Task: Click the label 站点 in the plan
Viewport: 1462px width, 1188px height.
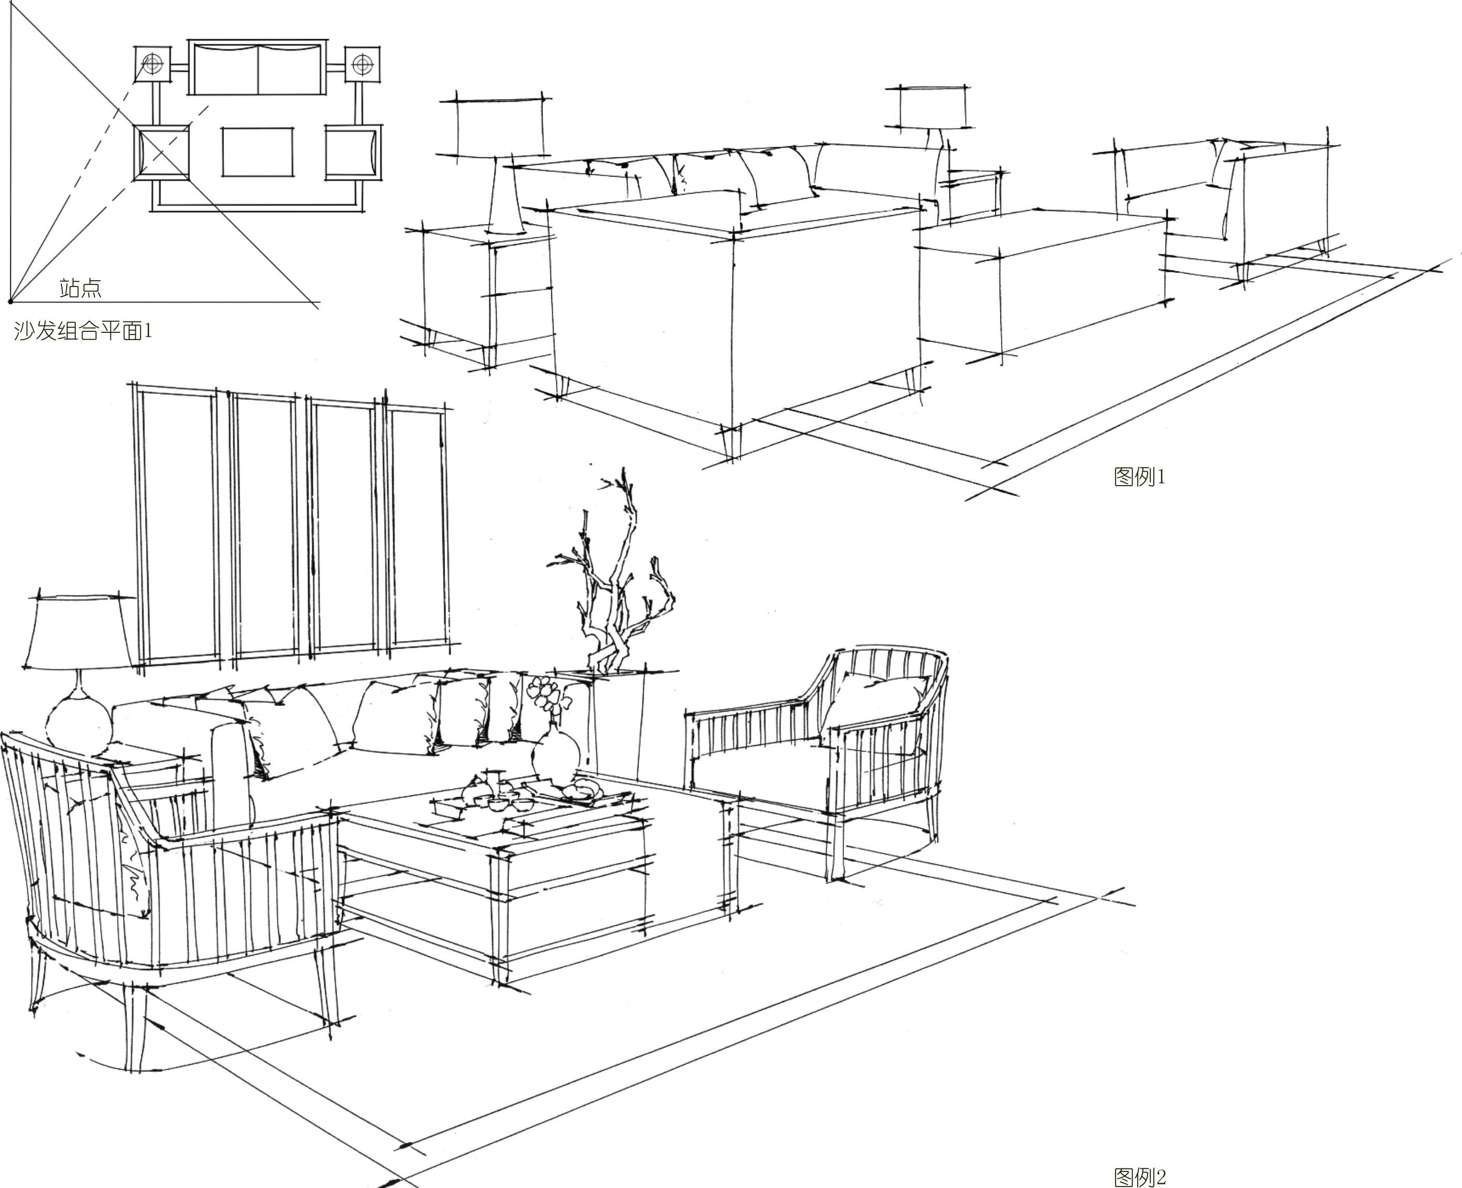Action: click(80, 288)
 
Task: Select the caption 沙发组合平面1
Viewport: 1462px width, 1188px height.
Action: click(83, 331)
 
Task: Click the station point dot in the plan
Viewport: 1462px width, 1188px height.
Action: click(10, 300)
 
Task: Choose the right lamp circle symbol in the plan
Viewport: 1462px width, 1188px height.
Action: click(362, 65)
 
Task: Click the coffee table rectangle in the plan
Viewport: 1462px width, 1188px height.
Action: click(258, 152)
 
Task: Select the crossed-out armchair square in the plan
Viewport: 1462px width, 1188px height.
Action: click(162, 152)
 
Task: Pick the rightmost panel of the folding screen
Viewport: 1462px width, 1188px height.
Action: click(416, 527)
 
